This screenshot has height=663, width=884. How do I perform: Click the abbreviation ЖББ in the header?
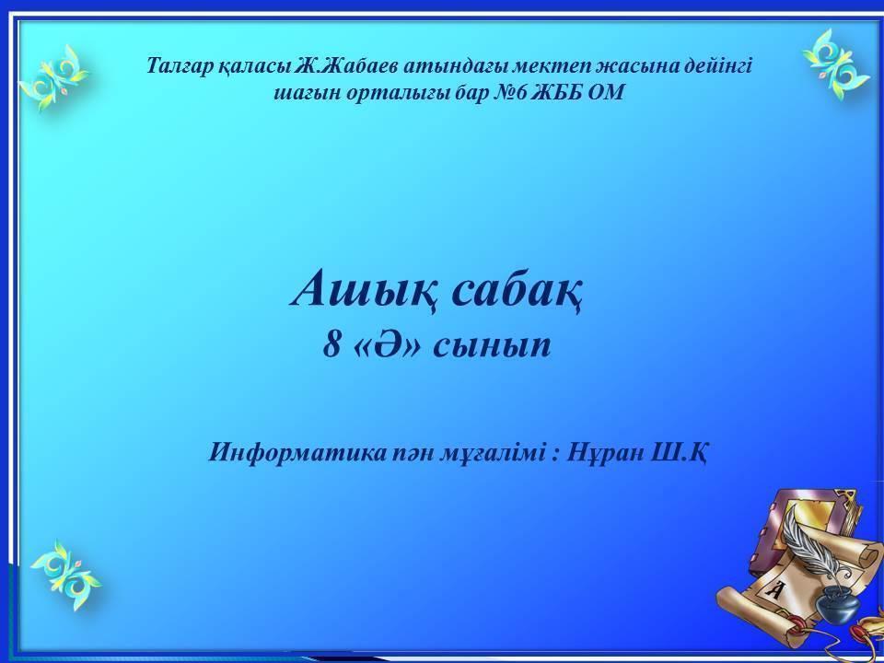(557, 92)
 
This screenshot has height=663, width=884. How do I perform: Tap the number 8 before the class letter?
(331, 344)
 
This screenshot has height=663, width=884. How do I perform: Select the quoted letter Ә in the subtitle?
(390, 344)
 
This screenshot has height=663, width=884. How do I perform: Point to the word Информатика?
(298, 452)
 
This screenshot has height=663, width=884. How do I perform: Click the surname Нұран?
(604, 452)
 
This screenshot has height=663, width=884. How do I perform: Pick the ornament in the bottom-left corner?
(66, 575)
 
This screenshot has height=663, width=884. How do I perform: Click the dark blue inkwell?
(838, 603)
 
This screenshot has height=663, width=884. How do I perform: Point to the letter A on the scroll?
(775, 590)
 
